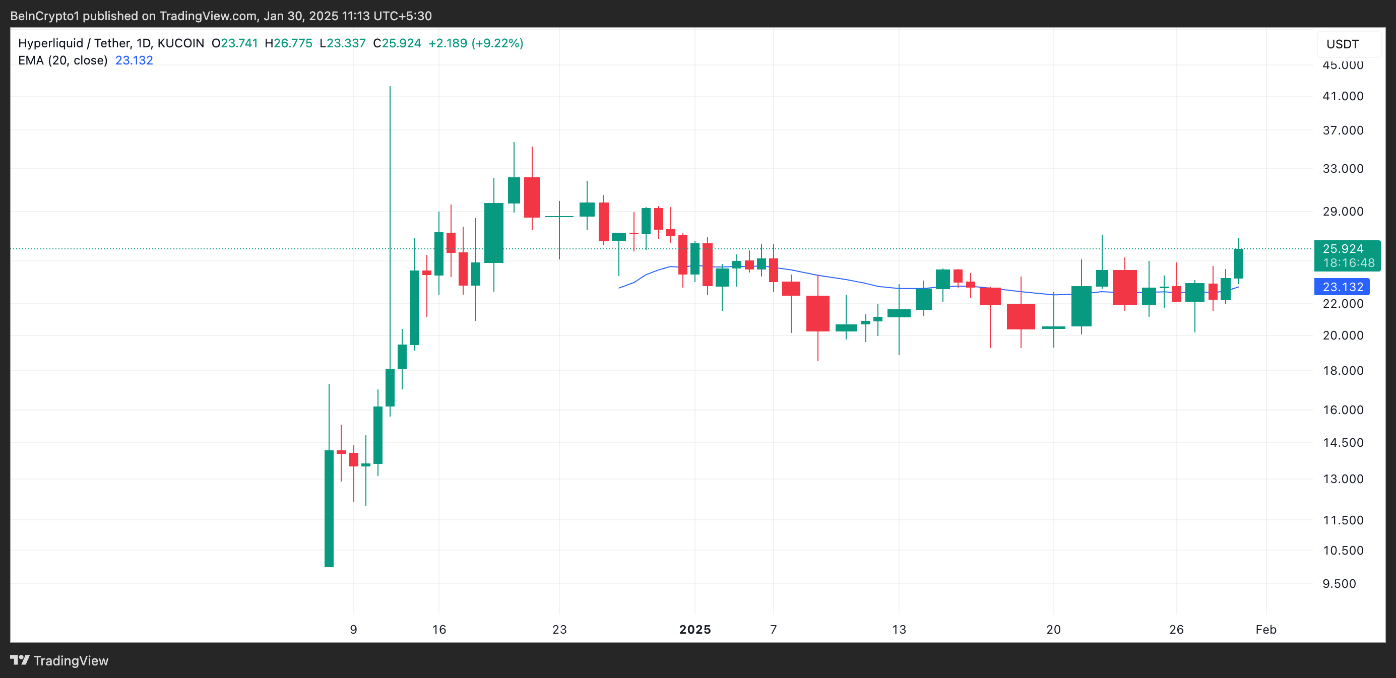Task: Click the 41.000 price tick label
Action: tap(1343, 96)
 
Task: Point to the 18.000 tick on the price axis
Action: tap(1343, 371)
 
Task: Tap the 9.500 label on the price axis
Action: tap(1339, 584)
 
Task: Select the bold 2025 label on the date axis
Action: tap(695, 629)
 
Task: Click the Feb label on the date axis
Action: tap(1266, 629)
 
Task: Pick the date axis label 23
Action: tap(559, 629)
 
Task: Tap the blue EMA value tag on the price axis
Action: tap(1342, 287)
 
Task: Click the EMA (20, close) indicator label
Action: tap(63, 60)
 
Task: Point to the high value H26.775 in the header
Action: tap(288, 43)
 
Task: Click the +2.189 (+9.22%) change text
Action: tap(475, 43)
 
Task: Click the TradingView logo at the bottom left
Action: tap(59, 661)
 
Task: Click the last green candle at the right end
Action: tap(1238, 264)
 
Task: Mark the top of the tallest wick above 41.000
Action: tap(390, 87)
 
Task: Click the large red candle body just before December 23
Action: tap(532, 197)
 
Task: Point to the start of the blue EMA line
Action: tap(619, 288)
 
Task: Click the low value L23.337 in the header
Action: tap(343, 43)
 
